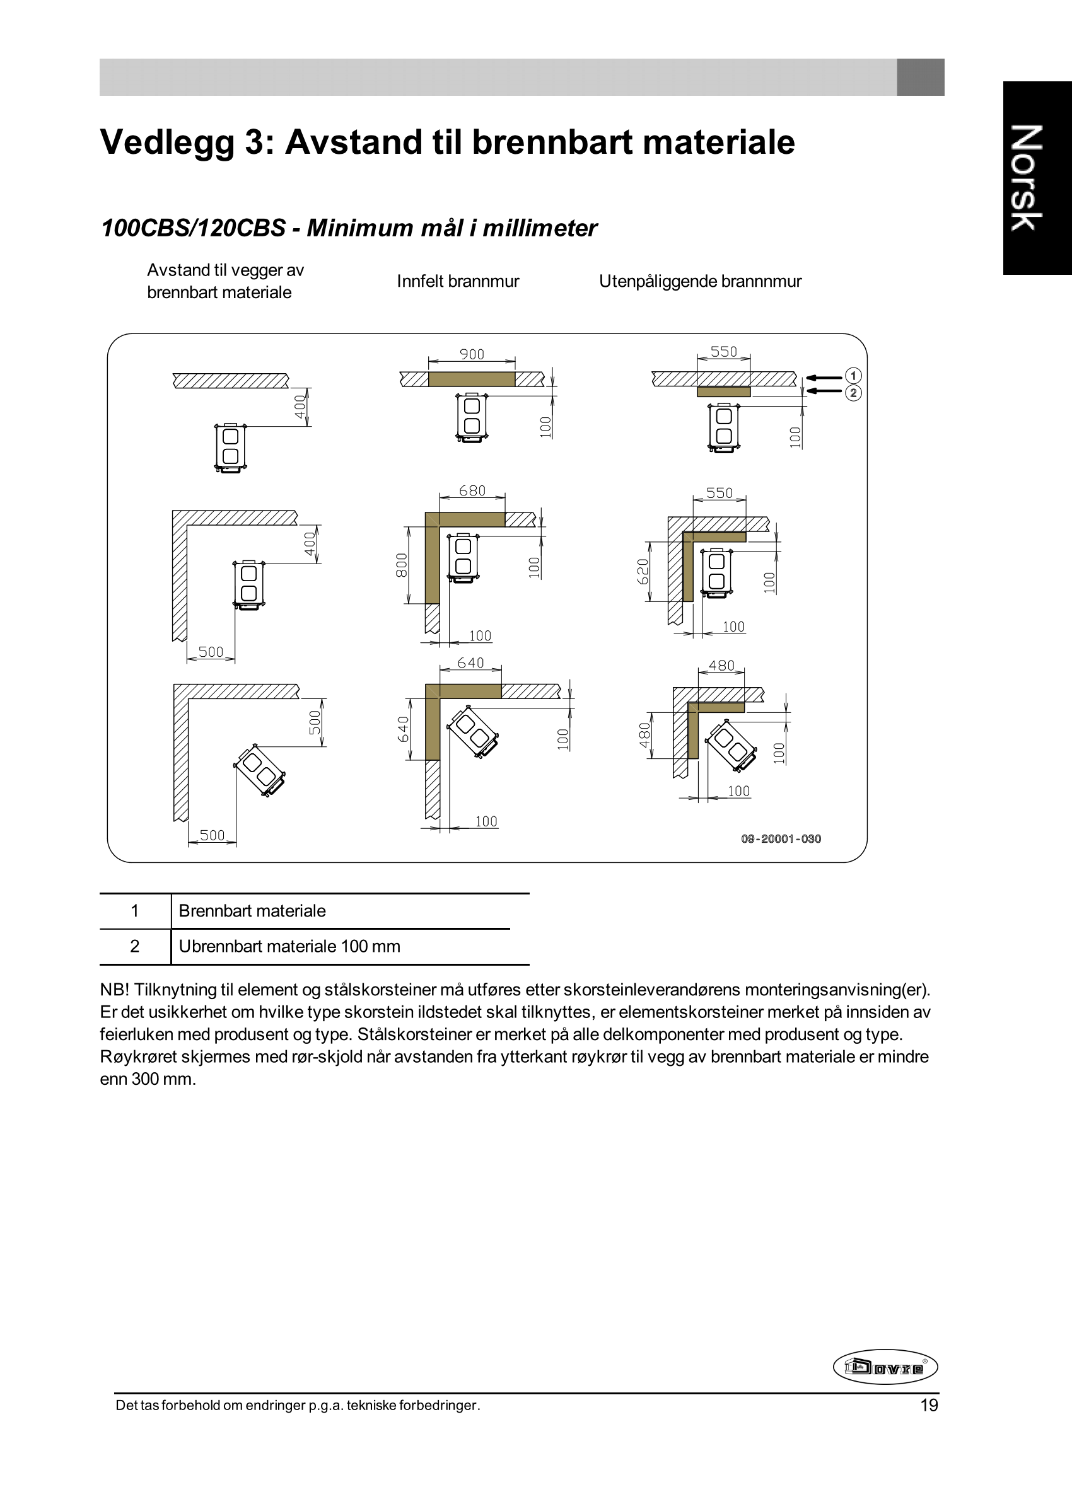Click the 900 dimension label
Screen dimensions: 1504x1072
(471, 354)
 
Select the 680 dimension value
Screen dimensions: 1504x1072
(472, 491)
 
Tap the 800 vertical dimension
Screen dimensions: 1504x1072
(401, 565)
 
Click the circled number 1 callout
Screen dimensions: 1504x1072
(853, 376)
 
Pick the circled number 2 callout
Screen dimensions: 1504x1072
(853, 393)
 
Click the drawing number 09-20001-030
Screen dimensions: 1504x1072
(781, 839)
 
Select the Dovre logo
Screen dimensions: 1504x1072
(885, 1367)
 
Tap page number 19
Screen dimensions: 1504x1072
(929, 1406)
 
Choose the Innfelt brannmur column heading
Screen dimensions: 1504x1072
(457, 282)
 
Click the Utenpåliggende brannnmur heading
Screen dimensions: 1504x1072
(700, 282)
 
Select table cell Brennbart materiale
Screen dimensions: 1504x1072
(252, 911)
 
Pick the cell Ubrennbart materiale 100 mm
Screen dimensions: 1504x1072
(289, 947)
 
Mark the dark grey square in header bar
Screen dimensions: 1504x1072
(920, 77)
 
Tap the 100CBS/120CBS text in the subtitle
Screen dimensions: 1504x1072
(193, 228)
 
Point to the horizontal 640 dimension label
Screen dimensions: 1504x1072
(470, 663)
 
